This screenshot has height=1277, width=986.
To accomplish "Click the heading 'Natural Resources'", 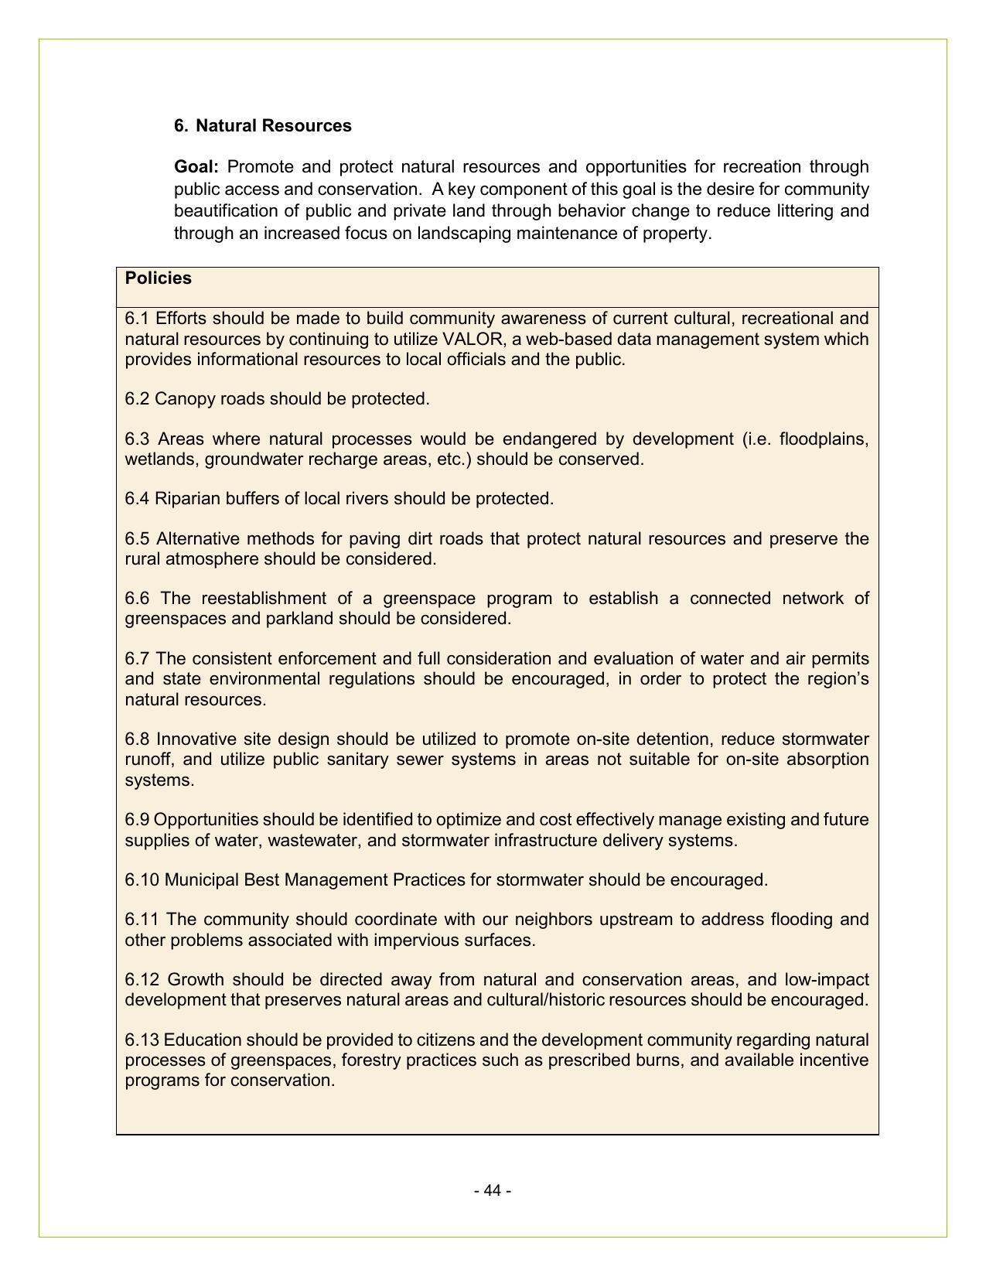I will tap(273, 126).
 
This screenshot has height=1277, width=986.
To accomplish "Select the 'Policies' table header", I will tap(159, 278).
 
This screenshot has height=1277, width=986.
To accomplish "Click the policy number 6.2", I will tap(137, 399).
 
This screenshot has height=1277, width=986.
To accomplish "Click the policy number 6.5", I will tap(137, 539).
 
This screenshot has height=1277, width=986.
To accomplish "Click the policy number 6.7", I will tap(137, 659).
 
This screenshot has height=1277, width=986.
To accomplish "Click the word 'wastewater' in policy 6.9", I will tap(315, 840).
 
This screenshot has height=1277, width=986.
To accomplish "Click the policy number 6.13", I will tap(142, 1040).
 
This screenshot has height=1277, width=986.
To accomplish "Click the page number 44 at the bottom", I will tap(493, 1190).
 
